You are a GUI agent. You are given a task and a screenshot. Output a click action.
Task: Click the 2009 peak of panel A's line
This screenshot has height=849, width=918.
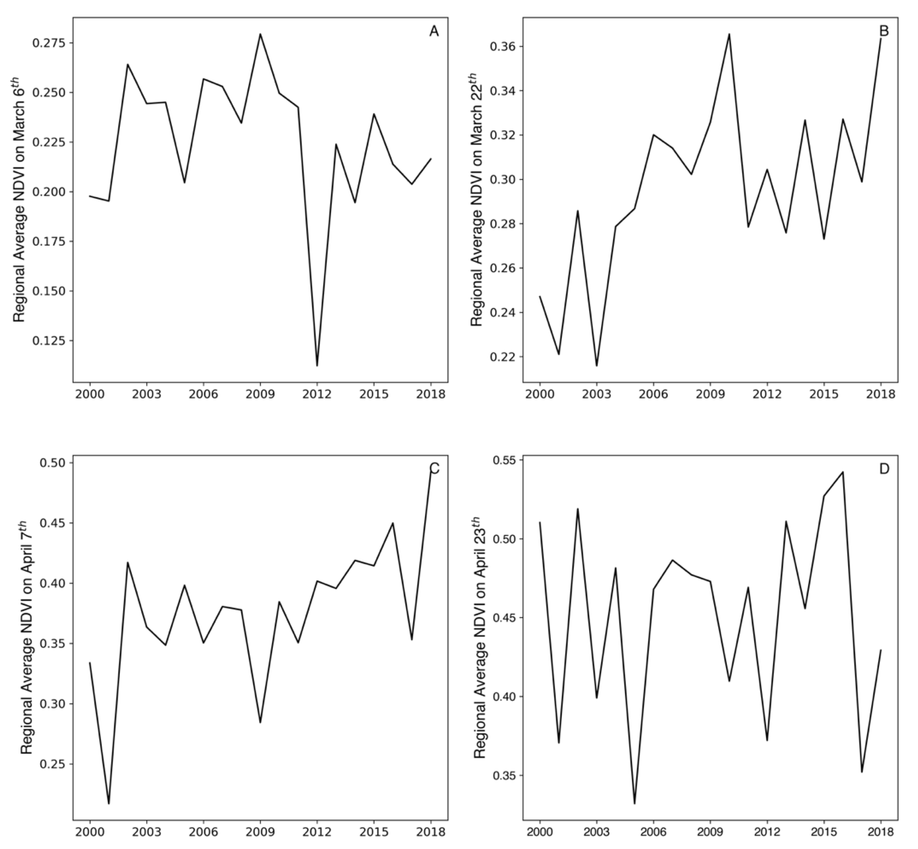[x=260, y=34]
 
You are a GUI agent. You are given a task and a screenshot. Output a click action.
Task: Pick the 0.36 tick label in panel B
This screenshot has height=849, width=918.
[x=502, y=47]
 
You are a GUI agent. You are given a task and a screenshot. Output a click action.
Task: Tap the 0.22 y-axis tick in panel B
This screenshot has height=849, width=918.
[x=502, y=357]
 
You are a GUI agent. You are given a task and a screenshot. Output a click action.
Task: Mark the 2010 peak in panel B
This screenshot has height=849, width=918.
[x=729, y=34]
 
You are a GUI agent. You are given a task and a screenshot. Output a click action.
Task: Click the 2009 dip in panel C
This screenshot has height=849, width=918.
[x=260, y=722]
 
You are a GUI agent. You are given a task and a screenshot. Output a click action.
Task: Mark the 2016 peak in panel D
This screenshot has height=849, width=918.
[x=843, y=472]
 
